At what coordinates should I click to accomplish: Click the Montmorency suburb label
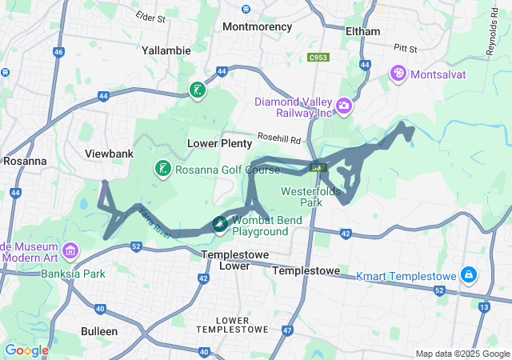point(257,26)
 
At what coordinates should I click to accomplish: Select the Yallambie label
point(166,50)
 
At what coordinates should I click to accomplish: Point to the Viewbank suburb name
point(109,152)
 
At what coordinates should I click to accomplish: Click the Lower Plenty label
point(219,142)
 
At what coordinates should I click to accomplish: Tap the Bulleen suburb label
point(99,330)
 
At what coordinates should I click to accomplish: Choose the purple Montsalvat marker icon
point(398,74)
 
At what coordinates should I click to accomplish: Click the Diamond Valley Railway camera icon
point(344,106)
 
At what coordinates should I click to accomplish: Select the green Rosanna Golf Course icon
point(163,169)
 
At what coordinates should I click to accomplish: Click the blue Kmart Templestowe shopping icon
point(469,276)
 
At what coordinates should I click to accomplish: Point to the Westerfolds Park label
point(311,197)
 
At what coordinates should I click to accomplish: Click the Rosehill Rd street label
point(283,139)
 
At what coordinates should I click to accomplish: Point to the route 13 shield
point(485,306)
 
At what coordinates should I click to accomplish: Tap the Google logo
point(26,350)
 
